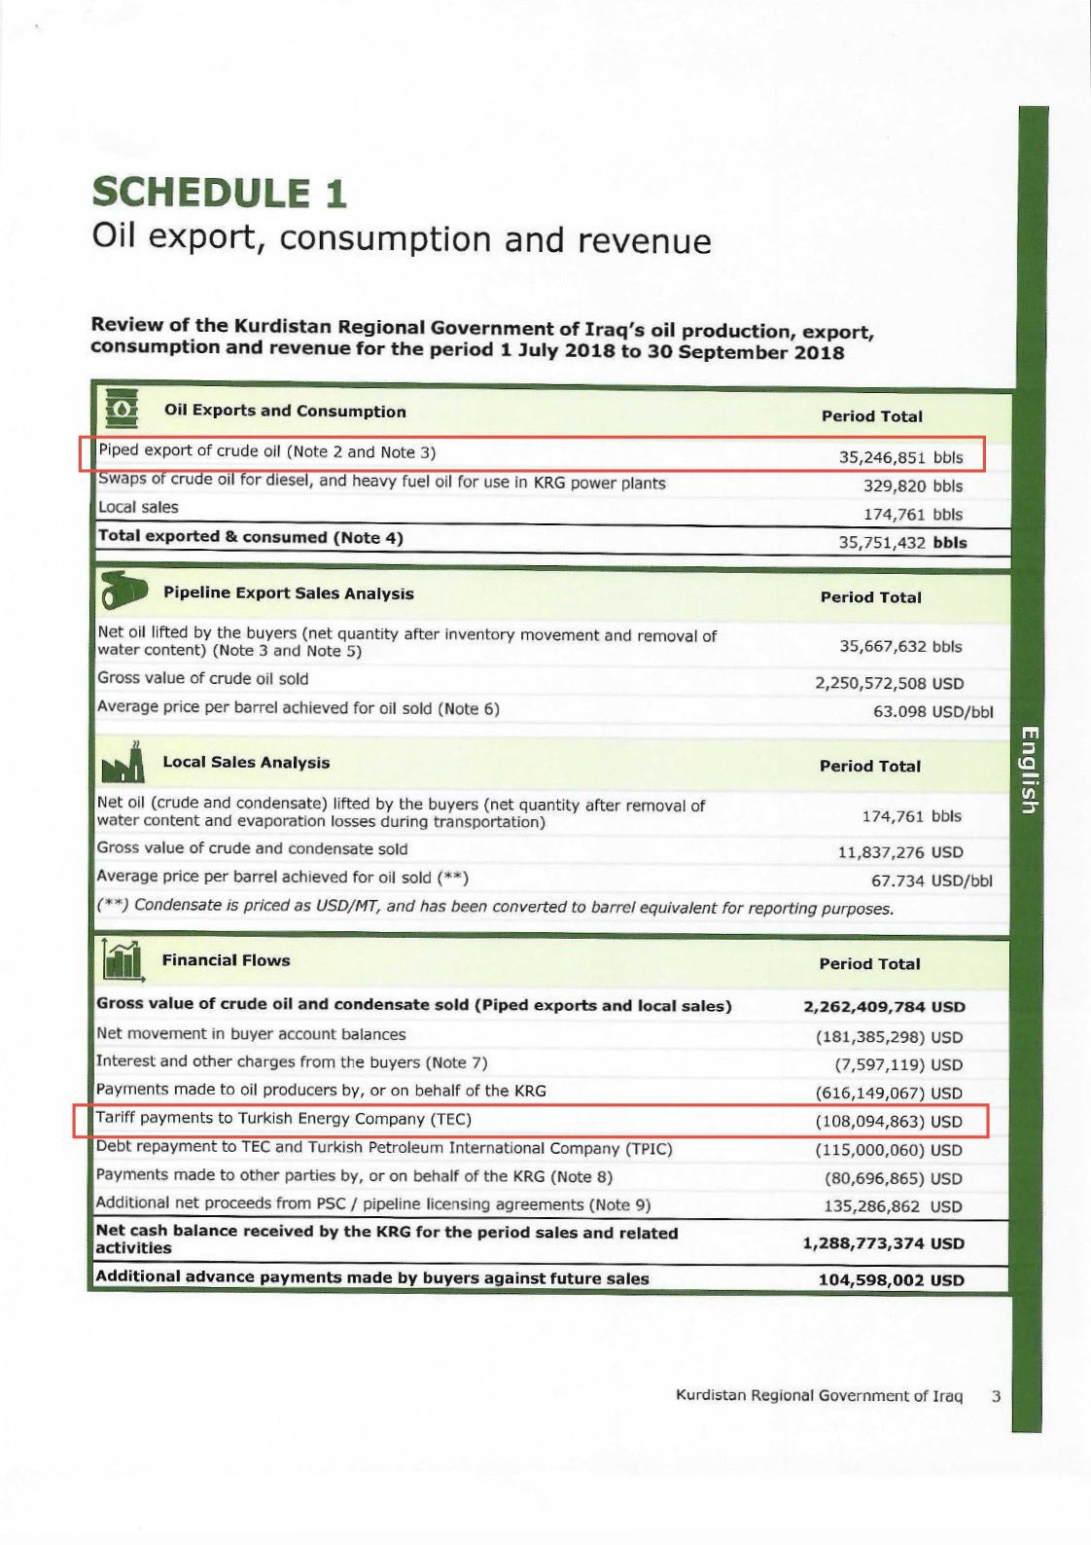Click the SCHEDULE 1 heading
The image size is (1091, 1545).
click(219, 193)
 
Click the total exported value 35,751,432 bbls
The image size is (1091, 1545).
click(902, 543)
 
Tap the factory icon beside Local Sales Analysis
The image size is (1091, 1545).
click(123, 764)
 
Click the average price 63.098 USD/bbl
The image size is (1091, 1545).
click(933, 711)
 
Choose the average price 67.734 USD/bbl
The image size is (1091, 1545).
click(932, 880)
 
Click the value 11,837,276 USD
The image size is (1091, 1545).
click(900, 852)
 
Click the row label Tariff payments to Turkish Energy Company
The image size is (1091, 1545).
click(283, 1119)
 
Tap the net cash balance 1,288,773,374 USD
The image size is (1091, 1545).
click(883, 1243)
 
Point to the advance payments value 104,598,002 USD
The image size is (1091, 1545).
click(891, 1280)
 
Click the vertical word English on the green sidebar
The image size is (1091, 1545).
click(1030, 770)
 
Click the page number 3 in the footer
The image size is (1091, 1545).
click(996, 1396)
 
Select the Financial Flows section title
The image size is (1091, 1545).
click(226, 960)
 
